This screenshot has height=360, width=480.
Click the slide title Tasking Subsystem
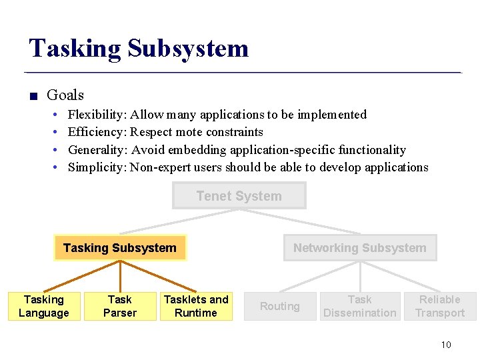139,49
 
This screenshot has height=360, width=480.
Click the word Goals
65,95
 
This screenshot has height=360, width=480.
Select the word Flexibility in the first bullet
97,115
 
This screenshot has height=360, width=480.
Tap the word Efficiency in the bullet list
97,132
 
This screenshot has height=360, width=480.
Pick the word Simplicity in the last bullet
97,167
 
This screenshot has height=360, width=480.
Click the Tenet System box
239,196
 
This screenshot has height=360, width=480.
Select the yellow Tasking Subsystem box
120,248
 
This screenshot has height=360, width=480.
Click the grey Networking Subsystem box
359,248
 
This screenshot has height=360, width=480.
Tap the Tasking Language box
44,306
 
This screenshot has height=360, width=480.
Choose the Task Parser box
120,306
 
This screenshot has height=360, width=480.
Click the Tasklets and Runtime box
196,306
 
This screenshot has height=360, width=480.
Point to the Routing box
279,306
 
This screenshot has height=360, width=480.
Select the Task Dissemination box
359,306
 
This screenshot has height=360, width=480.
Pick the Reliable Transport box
440,306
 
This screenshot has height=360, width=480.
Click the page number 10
446,345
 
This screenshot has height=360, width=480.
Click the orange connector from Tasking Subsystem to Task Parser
120,276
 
